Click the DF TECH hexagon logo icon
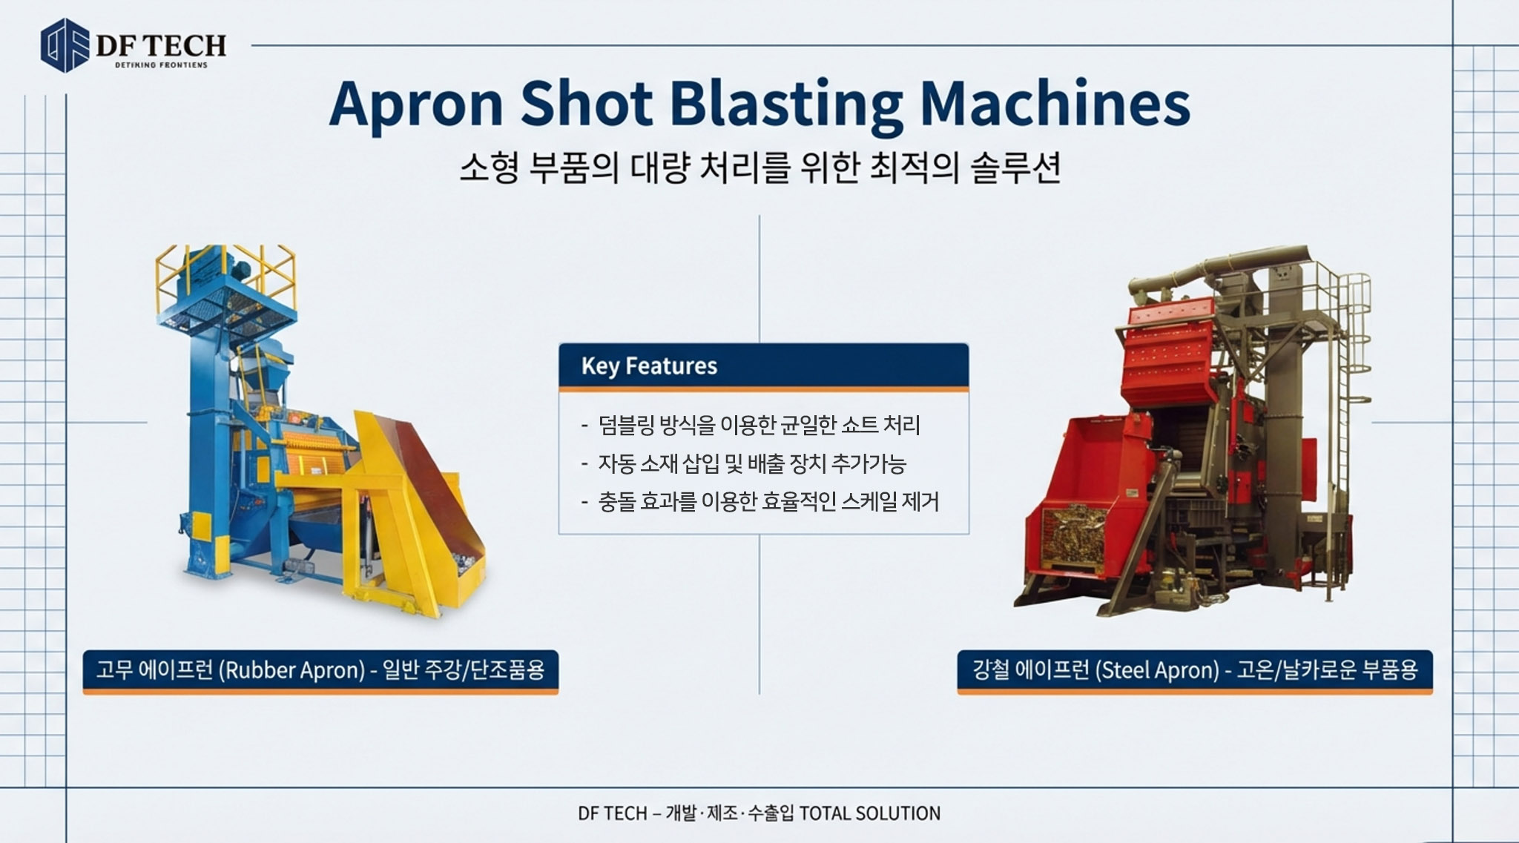65,45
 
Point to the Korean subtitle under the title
759,168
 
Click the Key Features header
649,366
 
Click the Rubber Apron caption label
320,671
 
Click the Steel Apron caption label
1195,671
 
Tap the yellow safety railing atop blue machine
225,282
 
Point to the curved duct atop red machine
1216,267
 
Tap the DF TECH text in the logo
161,46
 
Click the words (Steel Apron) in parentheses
1157,671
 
